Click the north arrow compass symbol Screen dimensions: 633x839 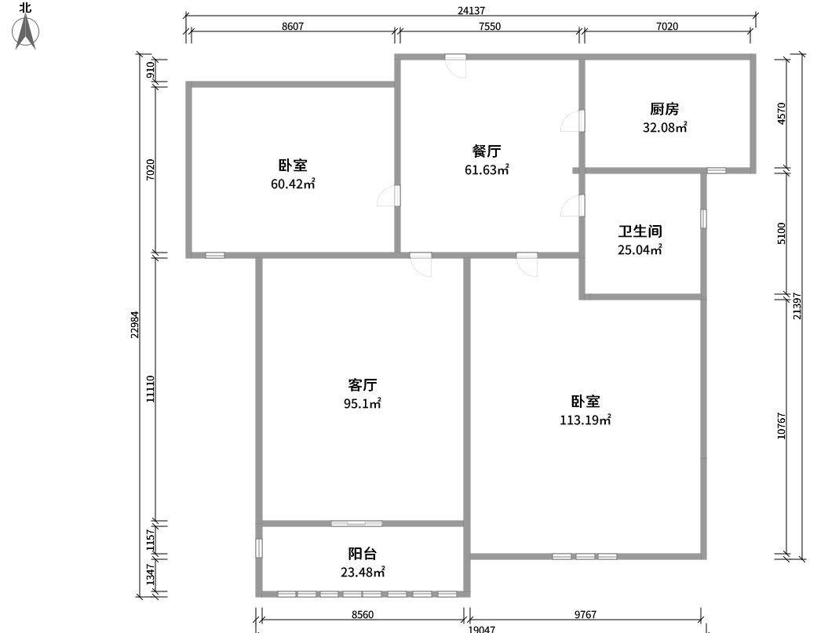click(27, 31)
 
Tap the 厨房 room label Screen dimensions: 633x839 click(664, 109)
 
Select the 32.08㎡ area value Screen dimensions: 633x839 click(665, 127)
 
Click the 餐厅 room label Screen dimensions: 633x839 click(487, 151)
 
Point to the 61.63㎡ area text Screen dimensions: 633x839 click(487, 169)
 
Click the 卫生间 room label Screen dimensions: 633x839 click(640, 231)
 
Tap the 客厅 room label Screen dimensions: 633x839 click(363, 385)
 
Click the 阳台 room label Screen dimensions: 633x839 click(363, 554)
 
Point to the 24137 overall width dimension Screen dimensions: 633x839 click(470, 11)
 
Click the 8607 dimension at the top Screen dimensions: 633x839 click(292, 27)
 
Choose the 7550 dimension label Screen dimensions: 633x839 click(490, 27)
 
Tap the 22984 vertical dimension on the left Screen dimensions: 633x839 click(135, 325)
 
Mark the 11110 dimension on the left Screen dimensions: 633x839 click(150, 388)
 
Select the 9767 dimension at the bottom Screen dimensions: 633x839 click(585, 615)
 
